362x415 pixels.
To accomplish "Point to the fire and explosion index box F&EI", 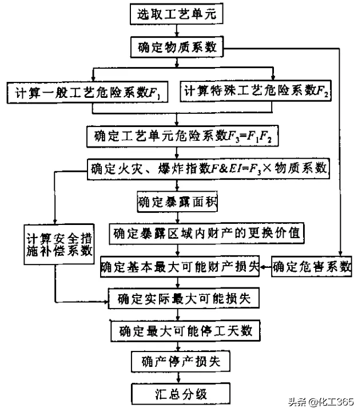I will (208, 168).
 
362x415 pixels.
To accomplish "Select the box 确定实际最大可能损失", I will (188, 298).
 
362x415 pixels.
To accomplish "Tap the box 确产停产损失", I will (180, 362).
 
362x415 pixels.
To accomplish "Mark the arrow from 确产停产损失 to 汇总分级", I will (180, 378).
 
